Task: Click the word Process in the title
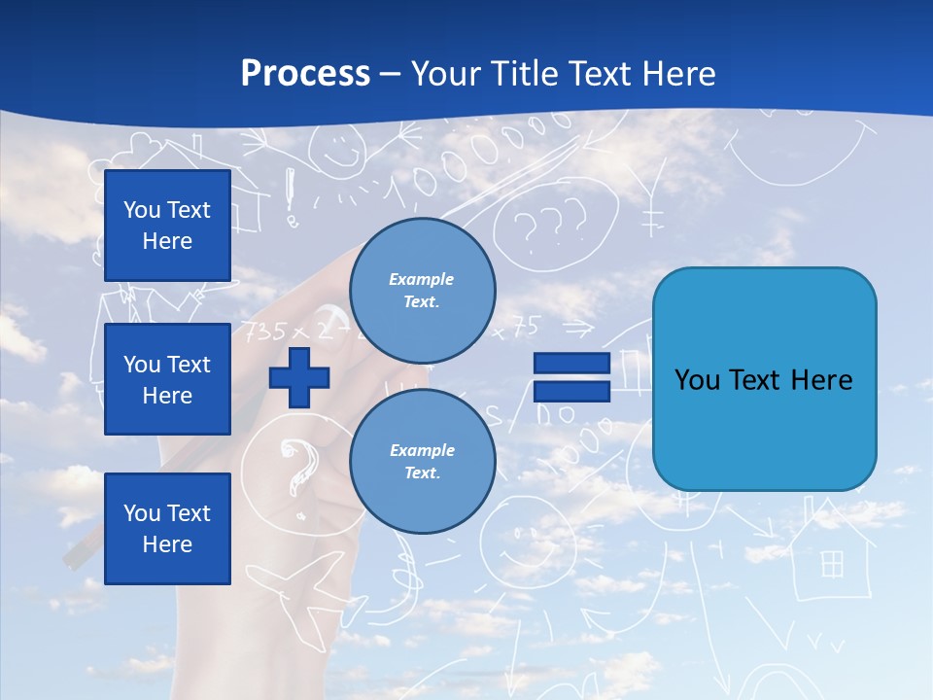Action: (x=305, y=74)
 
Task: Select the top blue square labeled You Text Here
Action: (x=167, y=226)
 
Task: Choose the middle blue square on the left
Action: (x=167, y=379)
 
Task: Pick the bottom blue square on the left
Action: (x=167, y=528)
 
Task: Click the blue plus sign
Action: (x=298, y=377)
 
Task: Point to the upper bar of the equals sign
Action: (x=571, y=364)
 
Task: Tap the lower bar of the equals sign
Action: (x=571, y=391)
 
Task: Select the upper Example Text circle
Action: (x=422, y=290)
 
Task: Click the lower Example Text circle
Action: (x=422, y=461)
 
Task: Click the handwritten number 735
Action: (x=263, y=332)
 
